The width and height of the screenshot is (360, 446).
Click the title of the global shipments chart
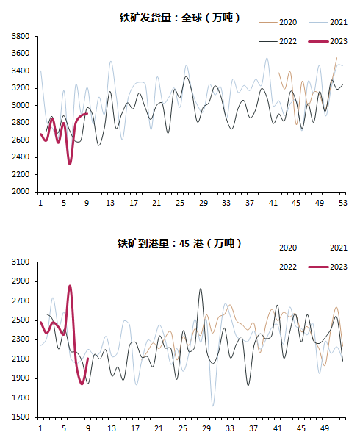tap(180, 18)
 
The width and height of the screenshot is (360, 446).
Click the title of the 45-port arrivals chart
tap(179, 243)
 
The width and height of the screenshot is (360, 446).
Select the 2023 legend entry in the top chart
tap(328, 41)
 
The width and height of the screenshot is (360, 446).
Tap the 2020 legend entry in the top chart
tap(278, 22)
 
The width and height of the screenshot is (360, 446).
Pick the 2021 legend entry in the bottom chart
tap(328, 248)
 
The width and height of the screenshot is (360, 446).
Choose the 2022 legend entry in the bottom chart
tap(278, 267)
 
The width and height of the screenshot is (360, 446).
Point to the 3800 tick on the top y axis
tap(21, 36)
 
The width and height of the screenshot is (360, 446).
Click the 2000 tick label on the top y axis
tap(21, 192)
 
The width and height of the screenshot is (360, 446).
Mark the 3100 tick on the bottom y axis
tap(21, 262)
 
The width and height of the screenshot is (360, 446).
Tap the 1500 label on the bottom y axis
tap(21, 417)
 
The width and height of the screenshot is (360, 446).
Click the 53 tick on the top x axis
tap(343, 203)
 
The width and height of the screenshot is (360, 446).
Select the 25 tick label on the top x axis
tap(180, 203)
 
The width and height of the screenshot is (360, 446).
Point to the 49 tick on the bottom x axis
tap(325, 428)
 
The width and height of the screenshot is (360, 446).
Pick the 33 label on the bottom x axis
tap(230, 428)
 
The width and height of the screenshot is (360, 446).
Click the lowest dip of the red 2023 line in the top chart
tap(70, 164)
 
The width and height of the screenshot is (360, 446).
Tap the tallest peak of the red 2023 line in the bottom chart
tap(70, 286)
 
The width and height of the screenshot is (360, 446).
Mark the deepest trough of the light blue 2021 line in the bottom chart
tap(213, 406)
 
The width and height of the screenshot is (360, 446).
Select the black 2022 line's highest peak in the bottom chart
tap(201, 289)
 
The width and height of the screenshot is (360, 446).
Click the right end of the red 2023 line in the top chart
tap(87, 114)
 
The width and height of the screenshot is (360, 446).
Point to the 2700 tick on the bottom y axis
tap(21, 301)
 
